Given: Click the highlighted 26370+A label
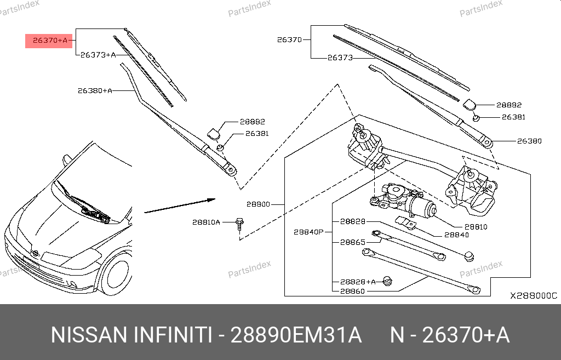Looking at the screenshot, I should (49, 40).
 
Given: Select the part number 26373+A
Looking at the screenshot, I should (98, 55).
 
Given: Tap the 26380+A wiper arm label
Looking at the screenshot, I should (94, 90).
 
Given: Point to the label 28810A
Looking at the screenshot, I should (206, 222).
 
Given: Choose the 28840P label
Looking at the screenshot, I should (309, 232).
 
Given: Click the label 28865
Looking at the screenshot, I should (352, 241).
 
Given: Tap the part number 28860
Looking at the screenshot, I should (352, 291).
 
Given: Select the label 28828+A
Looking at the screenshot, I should (358, 282).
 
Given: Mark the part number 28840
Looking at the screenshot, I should (456, 235).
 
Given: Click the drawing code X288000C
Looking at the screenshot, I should (533, 295).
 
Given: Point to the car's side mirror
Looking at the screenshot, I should (67, 159).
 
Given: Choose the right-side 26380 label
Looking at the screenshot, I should (529, 141).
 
